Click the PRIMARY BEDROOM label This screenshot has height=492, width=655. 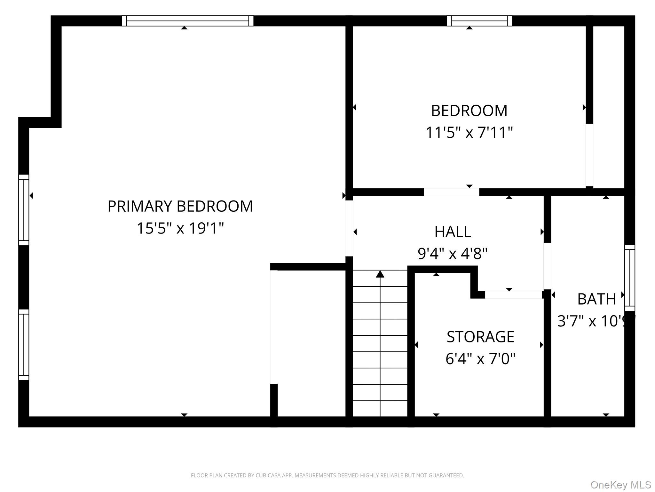[x=180, y=206]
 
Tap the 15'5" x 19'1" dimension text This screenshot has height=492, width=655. [x=180, y=228]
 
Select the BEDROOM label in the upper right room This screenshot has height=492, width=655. [x=469, y=111]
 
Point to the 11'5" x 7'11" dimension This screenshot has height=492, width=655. [x=469, y=132]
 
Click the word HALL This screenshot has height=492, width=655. [x=453, y=232]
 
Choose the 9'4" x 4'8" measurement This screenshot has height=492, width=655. [x=453, y=254]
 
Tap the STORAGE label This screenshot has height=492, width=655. [x=480, y=337]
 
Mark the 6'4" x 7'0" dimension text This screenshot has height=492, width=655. [x=480, y=359]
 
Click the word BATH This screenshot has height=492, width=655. [x=596, y=299]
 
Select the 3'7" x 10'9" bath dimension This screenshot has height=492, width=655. [x=596, y=321]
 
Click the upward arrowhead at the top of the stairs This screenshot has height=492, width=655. [x=380, y=274]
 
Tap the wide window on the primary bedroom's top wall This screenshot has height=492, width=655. [x=187, y=21]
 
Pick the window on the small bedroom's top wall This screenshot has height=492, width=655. [x=479, y=21]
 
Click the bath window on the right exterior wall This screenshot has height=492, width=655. [x=630, y=278]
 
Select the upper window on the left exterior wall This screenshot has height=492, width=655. [x=24, y=210]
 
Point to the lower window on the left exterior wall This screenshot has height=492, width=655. [x=24, y=345]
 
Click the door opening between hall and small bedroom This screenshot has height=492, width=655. [x=452, y=192]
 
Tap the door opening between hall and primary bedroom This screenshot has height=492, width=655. [x=349, y=228]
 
